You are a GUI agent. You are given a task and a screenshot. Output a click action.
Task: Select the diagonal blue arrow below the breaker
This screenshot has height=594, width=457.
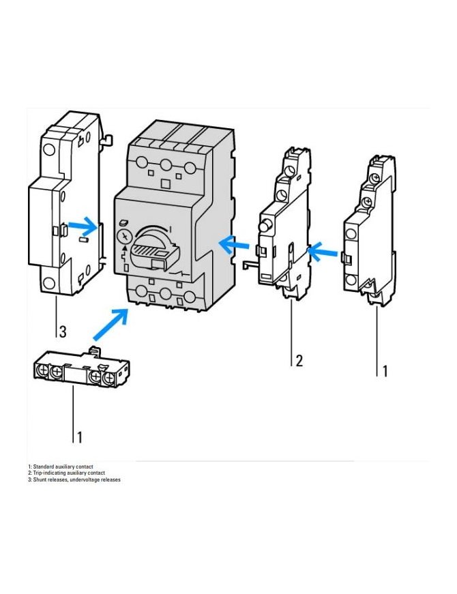110,324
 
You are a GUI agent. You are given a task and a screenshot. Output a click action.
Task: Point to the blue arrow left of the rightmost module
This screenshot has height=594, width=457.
323,253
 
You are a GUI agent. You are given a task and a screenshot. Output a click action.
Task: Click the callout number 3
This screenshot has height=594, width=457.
63,332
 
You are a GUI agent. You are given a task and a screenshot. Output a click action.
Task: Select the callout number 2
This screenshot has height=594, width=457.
298,361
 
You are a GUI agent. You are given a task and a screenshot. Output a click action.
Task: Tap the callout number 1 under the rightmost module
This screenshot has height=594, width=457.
384,371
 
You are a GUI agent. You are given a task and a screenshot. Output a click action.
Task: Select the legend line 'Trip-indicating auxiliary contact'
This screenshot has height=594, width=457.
66,473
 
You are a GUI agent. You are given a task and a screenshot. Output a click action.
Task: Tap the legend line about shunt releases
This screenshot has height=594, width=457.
74,479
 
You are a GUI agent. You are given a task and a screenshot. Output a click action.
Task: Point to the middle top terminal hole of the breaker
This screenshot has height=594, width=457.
166,164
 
